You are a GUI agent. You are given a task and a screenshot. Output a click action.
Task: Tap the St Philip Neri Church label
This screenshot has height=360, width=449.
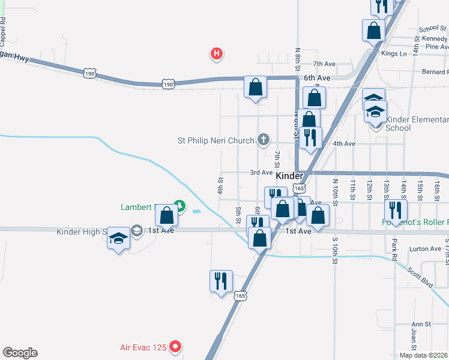click(216, 141)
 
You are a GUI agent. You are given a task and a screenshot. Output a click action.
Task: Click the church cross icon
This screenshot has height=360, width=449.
click(263, 140)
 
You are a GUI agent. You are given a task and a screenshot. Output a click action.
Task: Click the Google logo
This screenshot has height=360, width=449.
click(20, 353)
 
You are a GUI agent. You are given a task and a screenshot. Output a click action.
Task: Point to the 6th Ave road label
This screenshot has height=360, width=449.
click(317, 78)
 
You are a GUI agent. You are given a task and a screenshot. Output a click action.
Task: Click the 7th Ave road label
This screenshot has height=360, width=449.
click(323, 64)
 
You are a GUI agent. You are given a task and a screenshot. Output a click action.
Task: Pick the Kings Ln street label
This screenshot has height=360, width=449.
click(394, 53)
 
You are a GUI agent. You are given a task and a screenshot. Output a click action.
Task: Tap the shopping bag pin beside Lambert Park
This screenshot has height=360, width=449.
click(166, 214)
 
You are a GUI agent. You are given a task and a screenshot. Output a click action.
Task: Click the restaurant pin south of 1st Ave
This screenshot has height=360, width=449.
click(220, 281)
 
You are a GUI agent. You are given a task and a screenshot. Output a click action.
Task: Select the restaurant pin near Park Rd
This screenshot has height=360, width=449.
click(396, 210)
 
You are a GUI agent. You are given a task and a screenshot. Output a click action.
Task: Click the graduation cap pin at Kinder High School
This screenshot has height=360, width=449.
click(118, 239)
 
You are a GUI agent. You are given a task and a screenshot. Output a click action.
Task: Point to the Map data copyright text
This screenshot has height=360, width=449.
click(424, 355)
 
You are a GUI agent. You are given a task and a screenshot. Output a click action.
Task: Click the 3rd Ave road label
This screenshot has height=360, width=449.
click(262, 172)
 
